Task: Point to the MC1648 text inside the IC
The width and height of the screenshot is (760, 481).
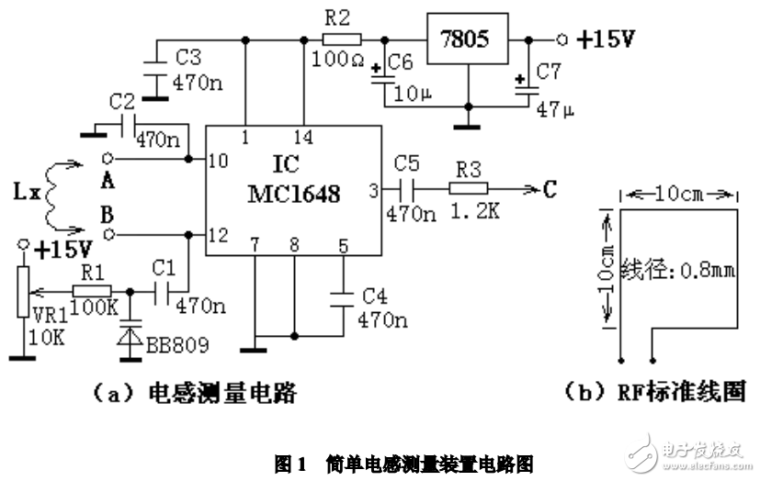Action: pos(293,195)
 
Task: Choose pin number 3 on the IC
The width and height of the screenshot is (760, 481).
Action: pos(373,190)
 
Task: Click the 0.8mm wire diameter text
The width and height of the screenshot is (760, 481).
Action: pos(677,272)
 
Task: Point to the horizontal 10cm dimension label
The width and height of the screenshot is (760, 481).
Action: pos(681,195)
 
